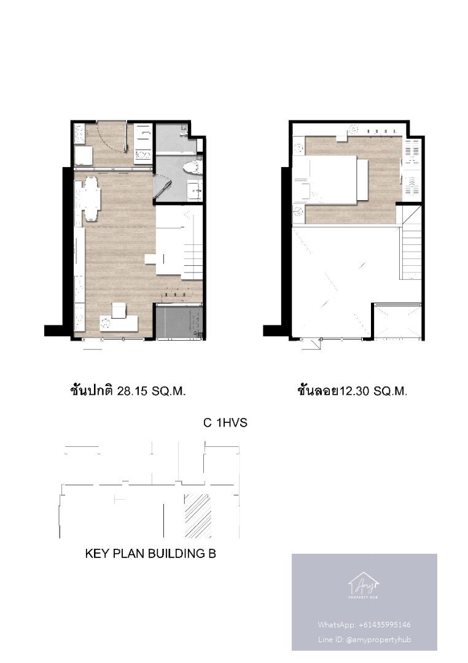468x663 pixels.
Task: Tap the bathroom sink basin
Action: point(195,190)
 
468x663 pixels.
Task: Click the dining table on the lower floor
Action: point(92,199)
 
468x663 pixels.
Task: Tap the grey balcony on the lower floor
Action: point(179,321)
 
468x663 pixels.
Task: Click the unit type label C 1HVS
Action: point(225,423)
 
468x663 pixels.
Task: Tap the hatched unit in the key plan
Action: point(198,516)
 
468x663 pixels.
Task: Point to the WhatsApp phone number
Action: point(384,624)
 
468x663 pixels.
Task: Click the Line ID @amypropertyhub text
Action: point(364,639)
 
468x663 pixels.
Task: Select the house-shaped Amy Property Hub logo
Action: point(364,585)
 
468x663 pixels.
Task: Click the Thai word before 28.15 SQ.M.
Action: point(92,390)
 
